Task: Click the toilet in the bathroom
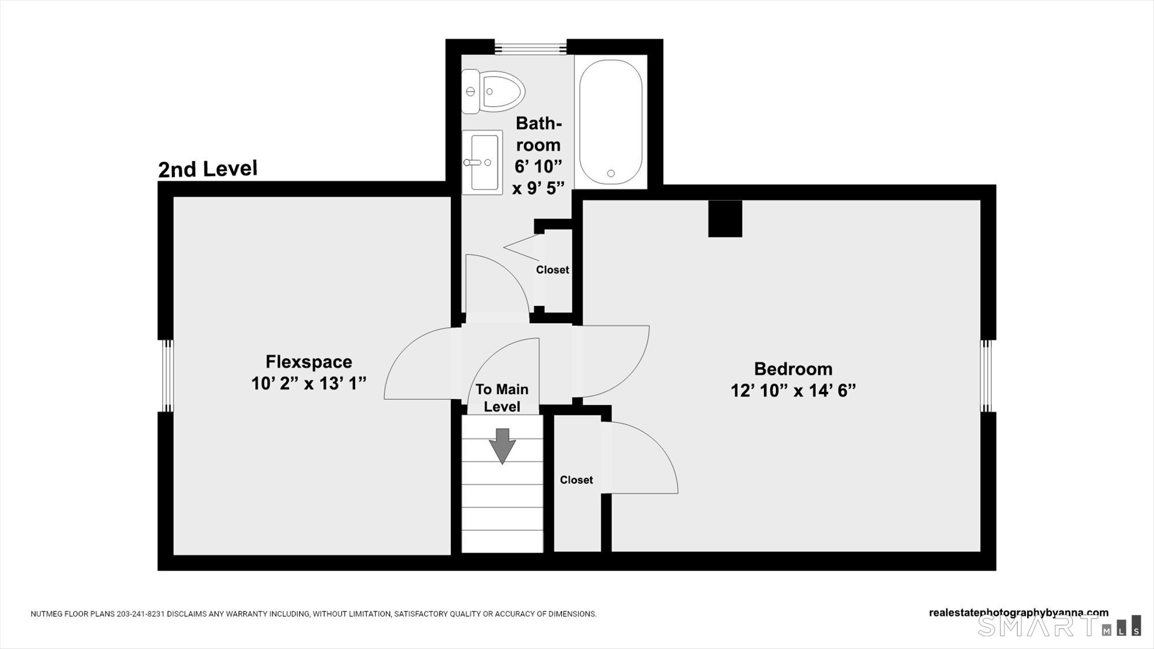tap(493, 91)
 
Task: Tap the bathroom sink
tap(482, 162)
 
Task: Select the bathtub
tap(610, 122)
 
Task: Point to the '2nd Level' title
tap(208, 169)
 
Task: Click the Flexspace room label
tap(309, 362)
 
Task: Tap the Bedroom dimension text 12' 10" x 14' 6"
tap(793, 391)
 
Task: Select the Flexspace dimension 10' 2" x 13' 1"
tap(309, 383)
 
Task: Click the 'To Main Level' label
tap(502, 398)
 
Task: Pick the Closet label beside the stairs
tap(576, 480)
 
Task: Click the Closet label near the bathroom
tap(552, 270)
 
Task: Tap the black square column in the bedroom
tap(725, 219)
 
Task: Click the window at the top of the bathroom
tap(531, 47)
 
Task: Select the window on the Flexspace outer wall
tap(166, 376)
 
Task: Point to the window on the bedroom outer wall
tap(988, 376)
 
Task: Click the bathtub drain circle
tap(611, 173)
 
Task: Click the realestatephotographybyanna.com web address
tap(1019, 613)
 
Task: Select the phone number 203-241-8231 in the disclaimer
tap(141, 614)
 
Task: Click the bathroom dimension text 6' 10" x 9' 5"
tap(538, 177)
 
